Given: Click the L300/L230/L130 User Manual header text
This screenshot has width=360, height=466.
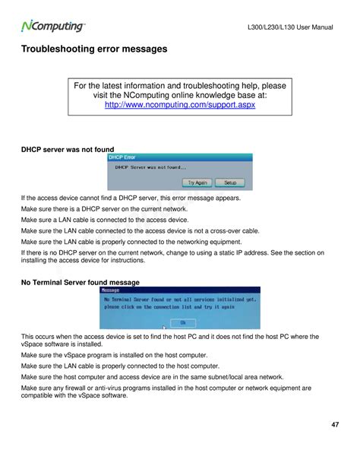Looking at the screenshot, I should point(291,28).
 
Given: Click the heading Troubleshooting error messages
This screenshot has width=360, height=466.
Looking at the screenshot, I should point(93,50).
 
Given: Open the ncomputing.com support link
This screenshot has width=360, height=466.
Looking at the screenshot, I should point(179,105).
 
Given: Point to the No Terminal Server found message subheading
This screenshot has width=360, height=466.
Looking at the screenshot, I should point(80,282).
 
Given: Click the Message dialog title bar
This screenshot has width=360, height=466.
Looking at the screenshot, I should point(179,290).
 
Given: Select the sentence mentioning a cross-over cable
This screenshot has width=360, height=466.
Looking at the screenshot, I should point(140,230).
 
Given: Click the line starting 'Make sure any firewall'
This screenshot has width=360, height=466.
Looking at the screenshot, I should point(166,388).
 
